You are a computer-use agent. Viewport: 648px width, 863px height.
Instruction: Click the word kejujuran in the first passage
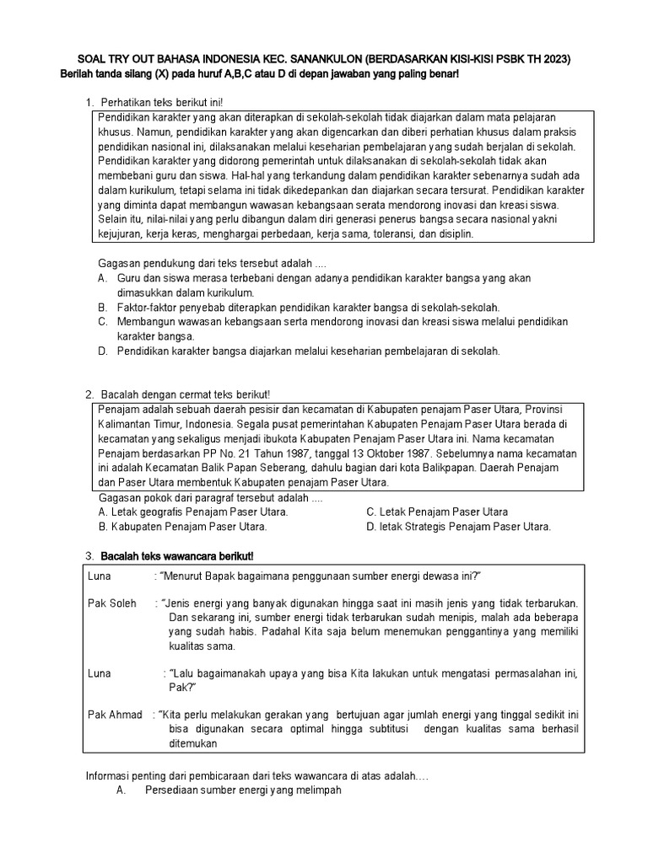(120, 233)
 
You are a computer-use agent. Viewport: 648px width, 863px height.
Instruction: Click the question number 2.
(89, 394)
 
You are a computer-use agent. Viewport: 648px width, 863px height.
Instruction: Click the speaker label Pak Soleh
(112, 603)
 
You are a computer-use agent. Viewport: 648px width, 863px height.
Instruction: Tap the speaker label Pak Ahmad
(115, 715)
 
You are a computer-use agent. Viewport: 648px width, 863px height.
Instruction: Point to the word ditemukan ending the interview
(193, 743)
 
